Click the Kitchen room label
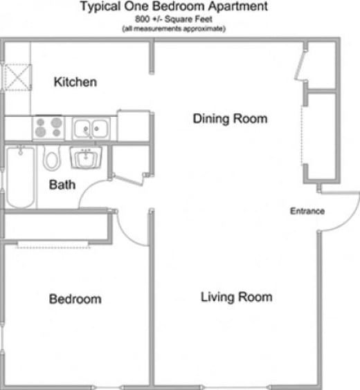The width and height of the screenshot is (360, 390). tap(75, 82)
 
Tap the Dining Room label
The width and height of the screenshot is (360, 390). tap(229, 119)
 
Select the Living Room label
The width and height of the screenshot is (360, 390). tap(236, 297)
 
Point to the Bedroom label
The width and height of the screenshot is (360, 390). tap(75, 299)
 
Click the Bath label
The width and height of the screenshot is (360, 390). tap(62, 185)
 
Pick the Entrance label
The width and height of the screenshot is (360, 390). tap(307, 211)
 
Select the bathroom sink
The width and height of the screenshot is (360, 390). tap(86, 159)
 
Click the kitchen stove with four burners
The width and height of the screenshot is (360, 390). tap(48, 128)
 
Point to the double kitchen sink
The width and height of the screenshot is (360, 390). tap(91, 128)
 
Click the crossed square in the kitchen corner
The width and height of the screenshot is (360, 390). tap(17, 75)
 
